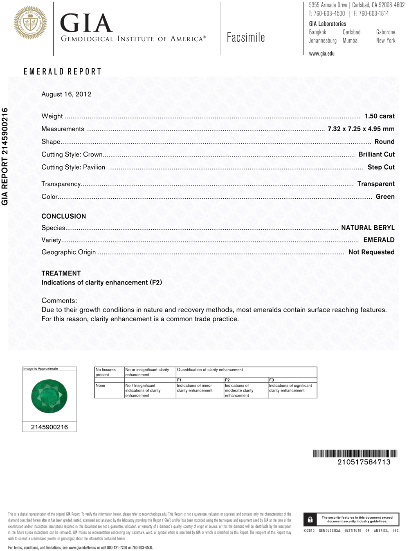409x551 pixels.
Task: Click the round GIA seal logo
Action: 30,23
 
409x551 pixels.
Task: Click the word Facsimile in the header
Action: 246,38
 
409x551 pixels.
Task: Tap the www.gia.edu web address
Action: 321,54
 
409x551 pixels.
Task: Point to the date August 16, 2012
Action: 66,94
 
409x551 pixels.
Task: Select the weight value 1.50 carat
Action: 380,116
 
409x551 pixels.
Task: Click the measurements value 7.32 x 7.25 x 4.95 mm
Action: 361,129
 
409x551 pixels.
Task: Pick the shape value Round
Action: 384,141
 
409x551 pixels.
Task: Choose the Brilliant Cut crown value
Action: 376,154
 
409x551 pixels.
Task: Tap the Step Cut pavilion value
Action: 381,167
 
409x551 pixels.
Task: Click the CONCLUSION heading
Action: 64,216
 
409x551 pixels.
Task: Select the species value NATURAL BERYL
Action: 368,228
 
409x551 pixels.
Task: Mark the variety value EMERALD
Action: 379,240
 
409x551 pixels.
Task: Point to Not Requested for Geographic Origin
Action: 371,252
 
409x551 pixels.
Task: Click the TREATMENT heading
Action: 61,273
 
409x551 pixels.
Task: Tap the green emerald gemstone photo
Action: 49,396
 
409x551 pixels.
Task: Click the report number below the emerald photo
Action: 49,427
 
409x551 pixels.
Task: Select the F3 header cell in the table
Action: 272,380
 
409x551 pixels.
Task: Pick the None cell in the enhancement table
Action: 100,385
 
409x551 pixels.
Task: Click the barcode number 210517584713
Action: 364,462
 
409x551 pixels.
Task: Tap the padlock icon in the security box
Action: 310,520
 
